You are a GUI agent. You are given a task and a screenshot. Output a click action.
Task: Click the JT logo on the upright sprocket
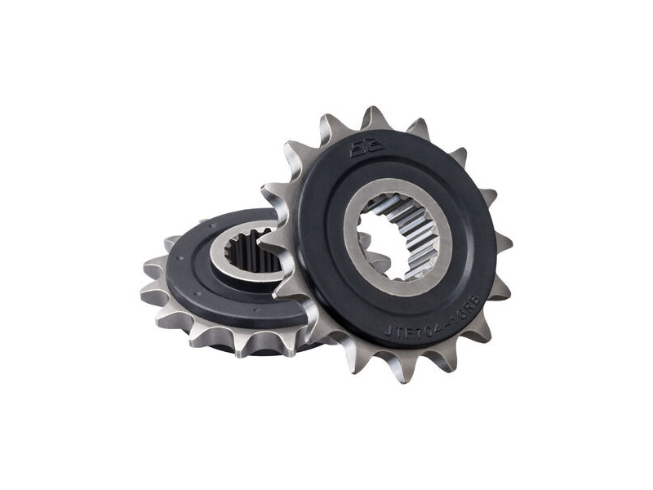pos(361,149)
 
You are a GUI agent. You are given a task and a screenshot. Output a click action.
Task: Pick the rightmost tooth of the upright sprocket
pos(504,243)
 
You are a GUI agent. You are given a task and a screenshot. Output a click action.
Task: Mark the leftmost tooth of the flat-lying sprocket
pos(152,293)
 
